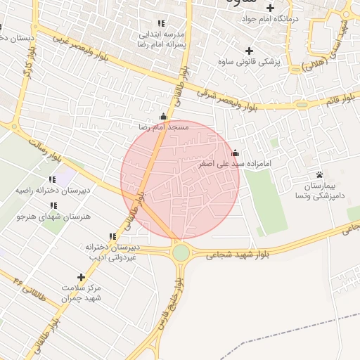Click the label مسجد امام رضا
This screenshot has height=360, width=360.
163,127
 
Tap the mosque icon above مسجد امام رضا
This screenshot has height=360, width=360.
164,117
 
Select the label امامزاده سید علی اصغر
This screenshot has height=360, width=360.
235,163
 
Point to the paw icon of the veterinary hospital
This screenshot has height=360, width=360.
319,174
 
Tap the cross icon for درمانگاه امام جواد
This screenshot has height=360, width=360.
269,8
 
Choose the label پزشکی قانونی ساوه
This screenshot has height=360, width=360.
254,62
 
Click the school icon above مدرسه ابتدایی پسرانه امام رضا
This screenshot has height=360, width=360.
163,23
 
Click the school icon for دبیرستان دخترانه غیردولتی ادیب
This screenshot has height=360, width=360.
112,237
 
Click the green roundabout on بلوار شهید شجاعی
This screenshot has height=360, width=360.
181,252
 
